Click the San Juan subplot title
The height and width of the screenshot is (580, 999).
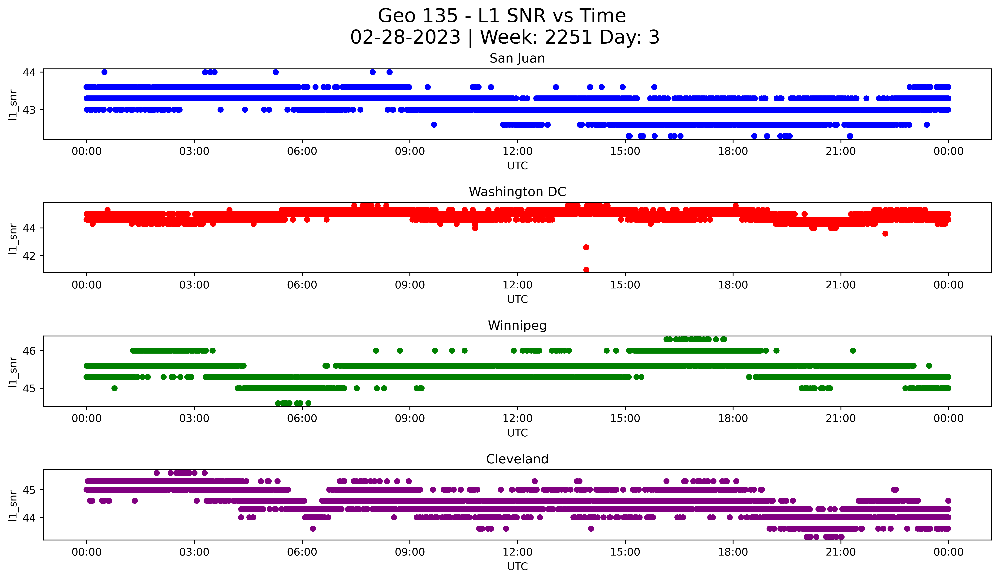coord(517,58)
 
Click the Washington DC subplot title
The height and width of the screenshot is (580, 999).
coord(517,192)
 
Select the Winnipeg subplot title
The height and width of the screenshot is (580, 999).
coord(517,325)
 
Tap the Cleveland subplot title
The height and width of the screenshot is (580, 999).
coord(517,459)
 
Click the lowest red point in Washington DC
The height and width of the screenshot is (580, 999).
coord(586,270)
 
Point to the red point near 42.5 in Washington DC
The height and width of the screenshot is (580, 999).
coord(586,247)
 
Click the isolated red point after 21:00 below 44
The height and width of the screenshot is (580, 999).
coord(885,233)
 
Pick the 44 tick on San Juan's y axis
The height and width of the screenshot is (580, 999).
coord(29,72)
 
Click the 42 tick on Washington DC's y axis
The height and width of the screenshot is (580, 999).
coord(29,256)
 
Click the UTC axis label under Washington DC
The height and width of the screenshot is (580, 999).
coord(517,299)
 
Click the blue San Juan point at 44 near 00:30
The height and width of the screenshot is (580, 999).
coord(104,72)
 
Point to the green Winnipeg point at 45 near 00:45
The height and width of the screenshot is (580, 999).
coord(115,388)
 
